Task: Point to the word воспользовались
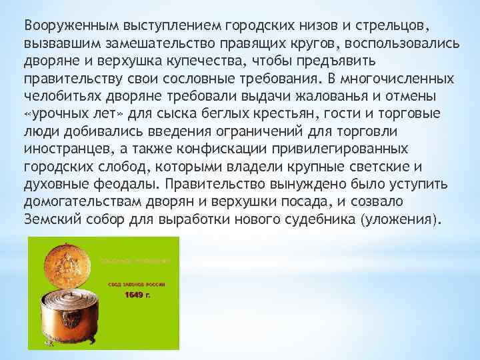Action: tap(400, 43)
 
